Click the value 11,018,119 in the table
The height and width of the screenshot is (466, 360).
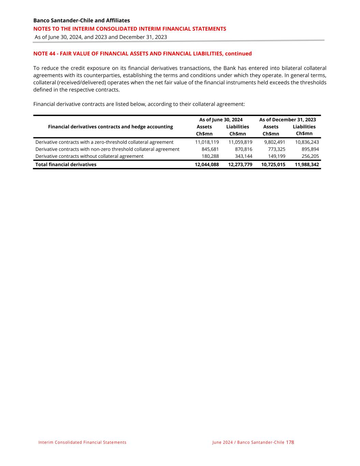coord(207,142)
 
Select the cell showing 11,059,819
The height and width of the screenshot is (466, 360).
coord(240,142)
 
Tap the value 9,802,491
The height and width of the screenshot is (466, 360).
coord(274,142)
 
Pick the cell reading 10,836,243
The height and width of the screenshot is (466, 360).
coord(307,142)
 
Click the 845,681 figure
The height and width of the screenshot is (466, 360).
coord(210,149)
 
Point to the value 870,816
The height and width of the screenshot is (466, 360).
coord(244,149)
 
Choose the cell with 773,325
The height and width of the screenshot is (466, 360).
coord(277,149)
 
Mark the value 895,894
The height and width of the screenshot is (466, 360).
coord(310,149)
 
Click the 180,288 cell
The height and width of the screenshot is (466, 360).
coord(210,156)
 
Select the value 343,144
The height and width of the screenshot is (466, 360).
coord(244,156)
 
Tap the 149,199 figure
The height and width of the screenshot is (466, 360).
coord(277,156)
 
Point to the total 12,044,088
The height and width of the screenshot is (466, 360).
coord(207,165)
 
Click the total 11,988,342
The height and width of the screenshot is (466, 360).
coord(307,165)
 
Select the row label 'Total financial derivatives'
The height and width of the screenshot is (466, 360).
coord(66,165)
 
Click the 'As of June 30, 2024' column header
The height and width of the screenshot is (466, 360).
coord(221,119)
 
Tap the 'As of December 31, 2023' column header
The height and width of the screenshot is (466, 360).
coord(287,119)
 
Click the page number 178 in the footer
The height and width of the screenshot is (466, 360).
coord(290,442)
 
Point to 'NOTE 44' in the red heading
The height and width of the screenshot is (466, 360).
coord(44,54)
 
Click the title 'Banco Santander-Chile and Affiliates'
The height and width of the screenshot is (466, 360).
coord(82,20)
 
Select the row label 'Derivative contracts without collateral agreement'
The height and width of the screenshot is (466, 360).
coord(89,156)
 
